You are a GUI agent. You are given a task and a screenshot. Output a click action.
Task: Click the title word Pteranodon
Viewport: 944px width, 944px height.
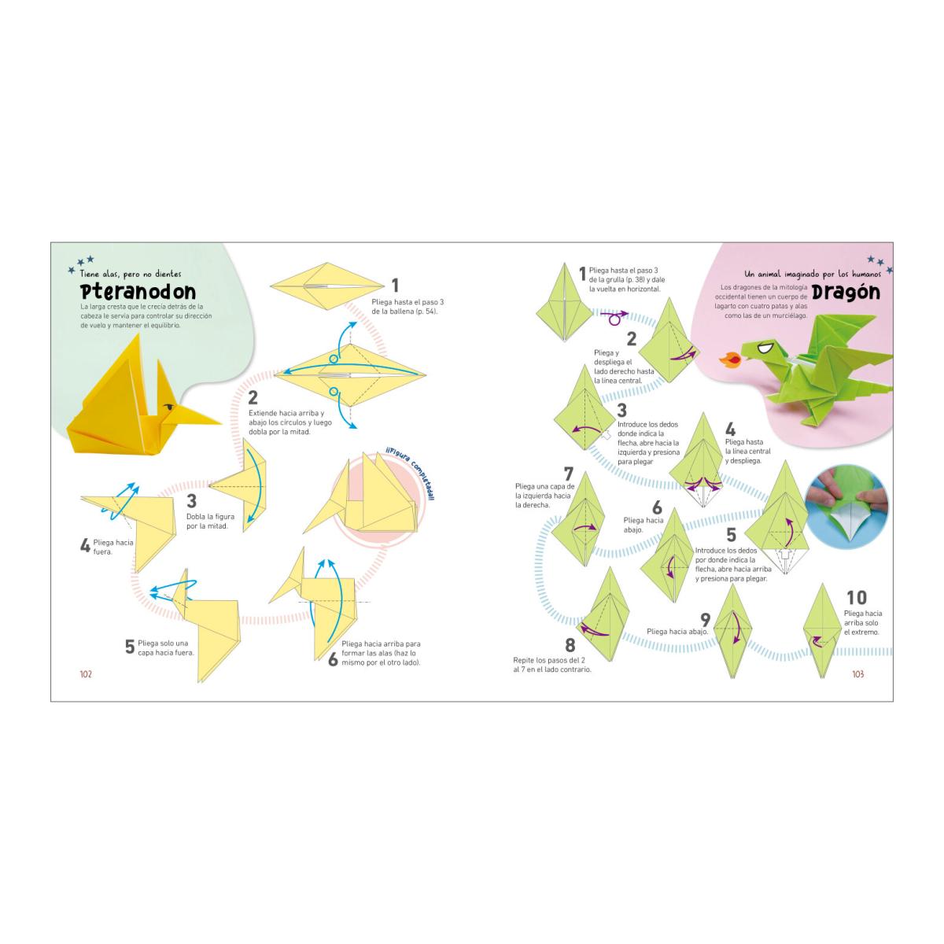point(138,292)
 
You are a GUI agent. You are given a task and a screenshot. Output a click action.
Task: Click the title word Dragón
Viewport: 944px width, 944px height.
point(846,293)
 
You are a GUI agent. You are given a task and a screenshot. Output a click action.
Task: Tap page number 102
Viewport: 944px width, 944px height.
point(86,674)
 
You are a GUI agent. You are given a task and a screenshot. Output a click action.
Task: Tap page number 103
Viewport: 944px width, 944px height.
point(857,674)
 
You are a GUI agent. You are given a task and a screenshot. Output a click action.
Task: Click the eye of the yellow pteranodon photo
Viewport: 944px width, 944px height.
point(168,406)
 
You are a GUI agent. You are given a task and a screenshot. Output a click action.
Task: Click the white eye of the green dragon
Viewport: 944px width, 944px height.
point(764,348)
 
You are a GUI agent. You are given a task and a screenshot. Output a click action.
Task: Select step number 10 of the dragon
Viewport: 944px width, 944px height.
point(857,598)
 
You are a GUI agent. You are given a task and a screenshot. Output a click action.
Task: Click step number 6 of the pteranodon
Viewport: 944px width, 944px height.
point(333,659)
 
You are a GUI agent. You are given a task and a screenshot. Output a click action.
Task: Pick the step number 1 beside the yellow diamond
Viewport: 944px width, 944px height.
point(395,286)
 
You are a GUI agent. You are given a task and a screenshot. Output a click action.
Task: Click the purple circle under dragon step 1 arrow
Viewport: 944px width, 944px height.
point(614,321)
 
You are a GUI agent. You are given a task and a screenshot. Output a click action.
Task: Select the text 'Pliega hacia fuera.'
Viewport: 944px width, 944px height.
point(113,547)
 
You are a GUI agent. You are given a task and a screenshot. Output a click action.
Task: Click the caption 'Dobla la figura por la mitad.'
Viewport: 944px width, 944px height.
point(210,522)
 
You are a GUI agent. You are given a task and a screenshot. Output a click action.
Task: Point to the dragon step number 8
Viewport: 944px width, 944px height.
point(570,645)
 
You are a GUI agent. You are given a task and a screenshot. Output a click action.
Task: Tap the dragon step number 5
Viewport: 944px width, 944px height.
point(731,534)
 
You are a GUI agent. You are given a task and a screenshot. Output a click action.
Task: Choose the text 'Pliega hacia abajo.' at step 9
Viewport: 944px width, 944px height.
point(677,632)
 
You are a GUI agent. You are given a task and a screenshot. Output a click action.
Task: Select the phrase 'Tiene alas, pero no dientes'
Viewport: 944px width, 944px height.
point(131,274)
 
